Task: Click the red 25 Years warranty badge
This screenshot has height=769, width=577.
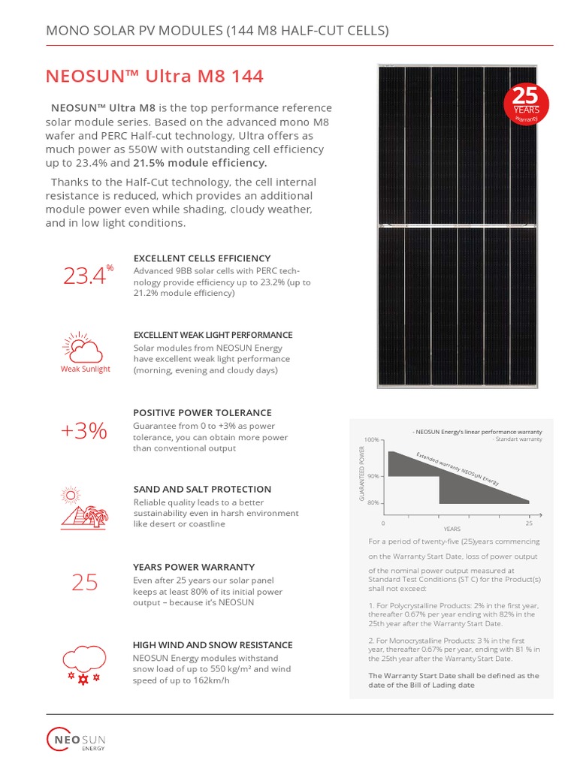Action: pos(527,107)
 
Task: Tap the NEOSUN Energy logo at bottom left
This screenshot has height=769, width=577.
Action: pos(76,739)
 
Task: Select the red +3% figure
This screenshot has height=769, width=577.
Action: pos(84,431)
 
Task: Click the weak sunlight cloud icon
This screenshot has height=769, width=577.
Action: pos(85,350)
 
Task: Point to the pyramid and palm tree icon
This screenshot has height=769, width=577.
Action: pos(83,507)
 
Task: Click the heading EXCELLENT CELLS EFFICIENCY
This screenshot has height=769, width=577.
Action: pos(201,258)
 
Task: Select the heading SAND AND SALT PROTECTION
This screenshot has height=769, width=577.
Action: pos(201,489)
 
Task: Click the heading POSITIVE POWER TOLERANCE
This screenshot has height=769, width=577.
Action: pos(202,412)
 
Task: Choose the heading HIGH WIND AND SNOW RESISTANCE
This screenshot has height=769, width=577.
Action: pos(213,644)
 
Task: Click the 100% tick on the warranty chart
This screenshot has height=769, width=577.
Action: pos(371,439)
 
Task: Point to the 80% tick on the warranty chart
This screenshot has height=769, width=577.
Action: pos(373,503)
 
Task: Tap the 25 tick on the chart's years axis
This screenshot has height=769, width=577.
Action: pos(530,522)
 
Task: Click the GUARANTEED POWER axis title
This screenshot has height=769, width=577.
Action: pos(362,474)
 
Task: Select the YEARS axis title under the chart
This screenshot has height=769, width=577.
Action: pos(452,529)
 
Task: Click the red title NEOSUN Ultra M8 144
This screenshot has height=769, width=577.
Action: pos(155,77)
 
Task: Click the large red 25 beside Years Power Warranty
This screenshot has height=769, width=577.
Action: pos(85,582)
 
